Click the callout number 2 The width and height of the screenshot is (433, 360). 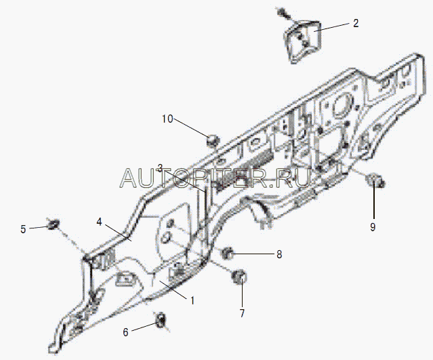(x=355, y=23)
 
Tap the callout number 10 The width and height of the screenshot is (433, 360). (x=167, y=119)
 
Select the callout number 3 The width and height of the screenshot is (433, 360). (x=159, y=168)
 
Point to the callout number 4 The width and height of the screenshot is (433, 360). (x=99, y=222)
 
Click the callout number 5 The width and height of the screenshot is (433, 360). (x=23, y=228)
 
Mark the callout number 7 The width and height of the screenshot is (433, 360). (x=242, y=313)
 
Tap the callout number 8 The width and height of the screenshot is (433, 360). (x=279, y=255)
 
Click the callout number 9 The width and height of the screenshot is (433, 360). (x=372, y=227)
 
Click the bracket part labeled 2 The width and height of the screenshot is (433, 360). (x=301, y=40)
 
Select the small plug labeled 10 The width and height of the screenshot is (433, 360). (x=213, y=140)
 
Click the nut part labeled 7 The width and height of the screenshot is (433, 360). (x=239, y=277)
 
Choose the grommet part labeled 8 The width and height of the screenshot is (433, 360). (x=229, y=254)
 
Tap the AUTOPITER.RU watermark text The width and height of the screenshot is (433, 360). (x=216, y=178)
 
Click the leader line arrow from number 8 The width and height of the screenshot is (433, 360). (x=254, y=254)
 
